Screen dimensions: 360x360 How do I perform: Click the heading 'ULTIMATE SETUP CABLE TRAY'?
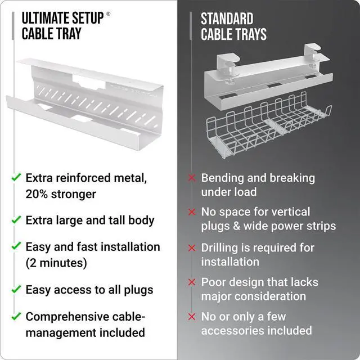pyautogui.click(x=62, y=26)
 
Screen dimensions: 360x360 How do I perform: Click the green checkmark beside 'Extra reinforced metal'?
pyautogui.click(x=16, y=178)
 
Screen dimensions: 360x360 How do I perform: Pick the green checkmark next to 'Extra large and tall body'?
pyautogui.click(x=16, y=219)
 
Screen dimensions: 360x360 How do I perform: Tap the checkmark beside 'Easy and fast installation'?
pyautogui.click(x=16, y=246)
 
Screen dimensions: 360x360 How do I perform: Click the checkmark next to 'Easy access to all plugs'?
pyautogui.click(x=16, y=290)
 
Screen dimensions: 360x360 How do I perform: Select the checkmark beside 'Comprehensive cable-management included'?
pyautogui.click(x=16, y=316)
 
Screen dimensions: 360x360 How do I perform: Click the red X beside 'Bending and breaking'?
pyautogui.click(x=192, y=178)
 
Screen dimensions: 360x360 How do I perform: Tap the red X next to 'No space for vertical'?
pyautogui.click(x=192, y=212)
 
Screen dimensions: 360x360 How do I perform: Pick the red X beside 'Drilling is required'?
pyautogui.click(x=192, y=247)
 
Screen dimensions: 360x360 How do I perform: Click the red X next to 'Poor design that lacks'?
pyautogui.click(x=192, y=282)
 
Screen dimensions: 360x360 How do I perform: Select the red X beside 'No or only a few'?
pyautogui.click(x=192, y=317)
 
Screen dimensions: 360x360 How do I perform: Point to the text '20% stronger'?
pyautogui.click(x=61, y=194)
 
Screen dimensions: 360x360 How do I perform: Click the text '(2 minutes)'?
pyautogui.click(x=56, y=263)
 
